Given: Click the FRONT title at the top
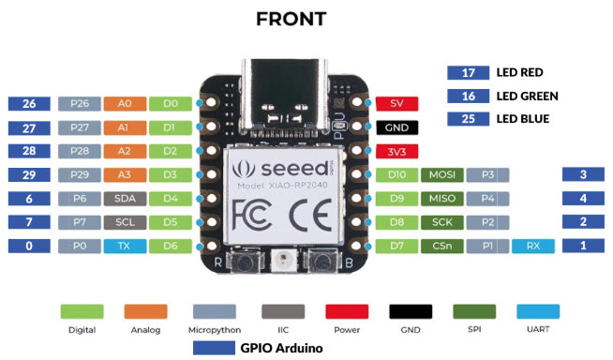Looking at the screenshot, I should [294, 19].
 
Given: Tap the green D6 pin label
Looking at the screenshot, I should [170, 247].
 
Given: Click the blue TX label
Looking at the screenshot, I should [123, 247].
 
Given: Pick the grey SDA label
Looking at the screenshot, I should [123, 199].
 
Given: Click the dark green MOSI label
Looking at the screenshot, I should [441, 175].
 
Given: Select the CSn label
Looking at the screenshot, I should [441, 247].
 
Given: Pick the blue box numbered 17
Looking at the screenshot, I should [469, 72].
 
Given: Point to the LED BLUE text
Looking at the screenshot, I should [523, 119].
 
